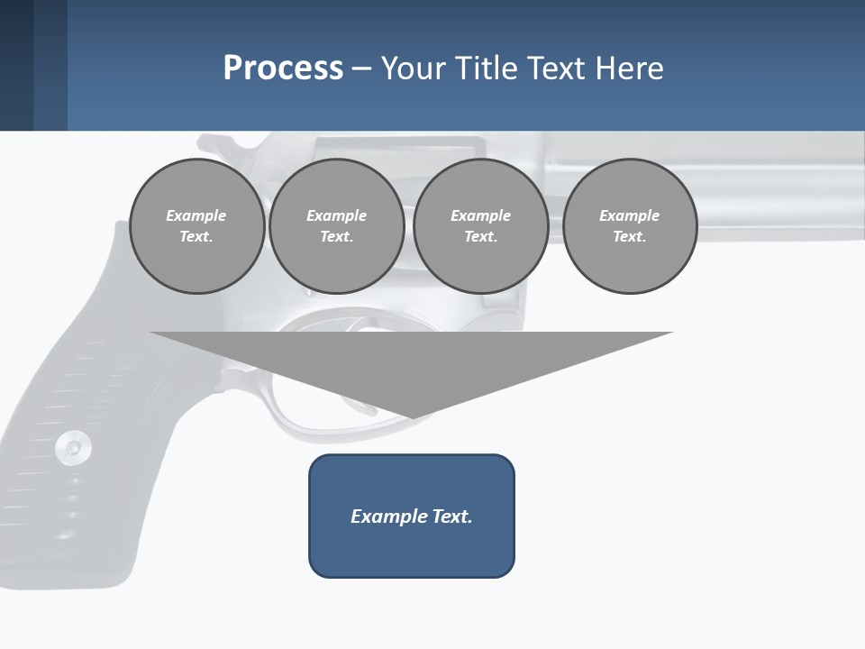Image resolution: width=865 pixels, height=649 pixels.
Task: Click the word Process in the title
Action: coord(283,69)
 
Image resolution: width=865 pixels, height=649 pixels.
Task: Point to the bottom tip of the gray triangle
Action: coord(413,416)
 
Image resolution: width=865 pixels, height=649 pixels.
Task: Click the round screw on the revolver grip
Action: coord(72,446)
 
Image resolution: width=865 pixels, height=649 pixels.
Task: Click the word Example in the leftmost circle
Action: coord(196,215)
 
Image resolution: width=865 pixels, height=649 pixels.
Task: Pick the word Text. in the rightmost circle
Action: coord(630,236)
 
